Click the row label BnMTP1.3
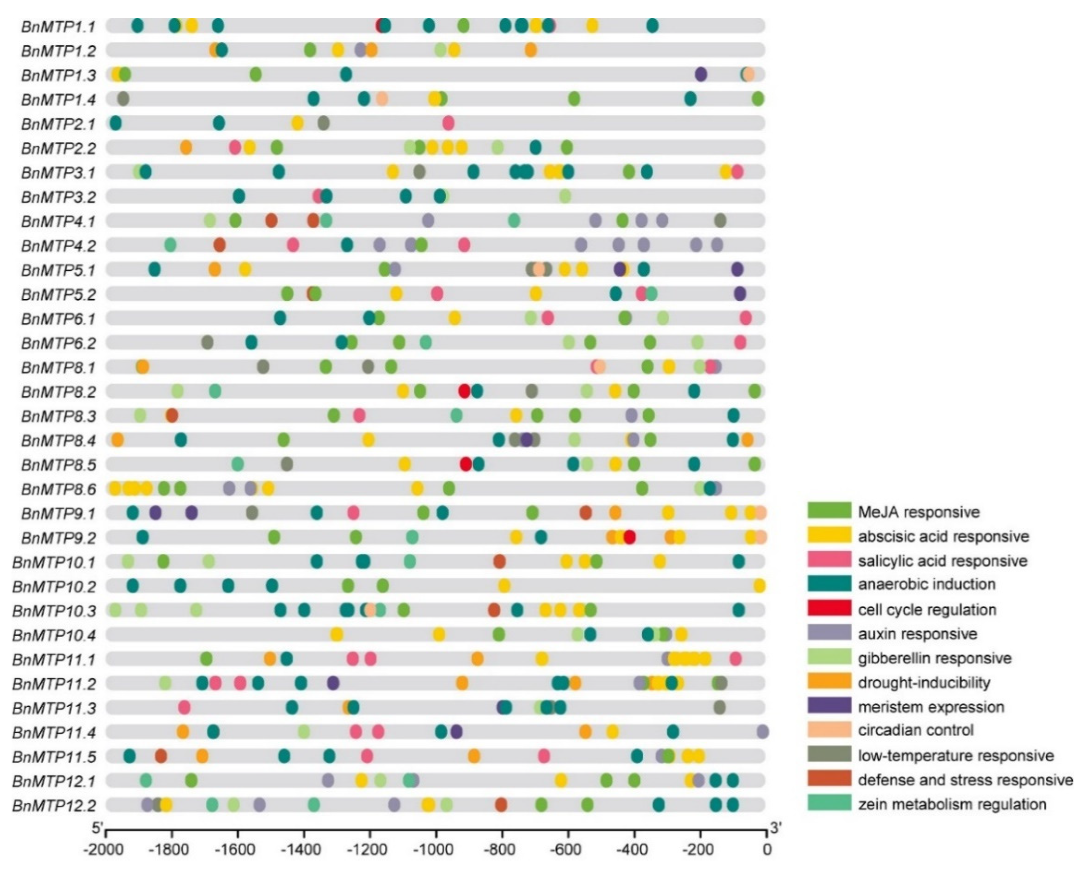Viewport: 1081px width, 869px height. pyautogui.click(x=58, y=75)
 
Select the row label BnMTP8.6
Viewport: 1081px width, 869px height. pyautogui.click(x=58, y=489)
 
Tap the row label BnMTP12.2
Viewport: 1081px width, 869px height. pyautogui.click(x=54, y=806)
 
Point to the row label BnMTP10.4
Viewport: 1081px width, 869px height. pyautogui.click(x=54, y=636)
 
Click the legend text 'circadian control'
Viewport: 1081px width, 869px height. pyautogui.click(x=916, y=730)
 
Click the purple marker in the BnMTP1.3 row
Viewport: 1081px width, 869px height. pyautogui.click(x=700, y=74)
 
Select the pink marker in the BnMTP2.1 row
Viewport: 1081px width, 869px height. pyautogui.click(x=448, y=123)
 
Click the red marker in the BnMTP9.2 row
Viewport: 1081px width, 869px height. pyautogui.click(x=629, y=537)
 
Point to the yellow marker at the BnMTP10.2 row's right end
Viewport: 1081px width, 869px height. pyautogui.click(x=759, y=586)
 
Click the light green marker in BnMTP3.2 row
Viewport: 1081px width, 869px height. pyautogui.click(x=565, y=196)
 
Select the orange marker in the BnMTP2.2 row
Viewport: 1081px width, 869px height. pyautogui.click(x=185, y=148)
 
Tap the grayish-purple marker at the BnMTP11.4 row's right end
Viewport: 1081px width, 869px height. pyautogui.click(x=762, y=732)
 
